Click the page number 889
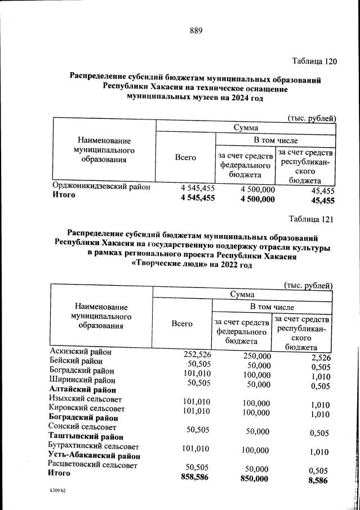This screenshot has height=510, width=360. tap(196, 30)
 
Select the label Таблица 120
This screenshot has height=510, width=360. tap(314, 61)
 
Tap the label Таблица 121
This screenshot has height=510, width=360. tap(312, 219)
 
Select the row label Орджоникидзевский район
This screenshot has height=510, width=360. tap(101, 187)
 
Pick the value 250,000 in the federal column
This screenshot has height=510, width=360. tap(257, 356)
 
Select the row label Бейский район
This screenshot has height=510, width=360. tap(76, 361)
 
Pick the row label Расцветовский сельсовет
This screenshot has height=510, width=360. tap(94, 465)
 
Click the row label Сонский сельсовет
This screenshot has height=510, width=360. tap(83, 427)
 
